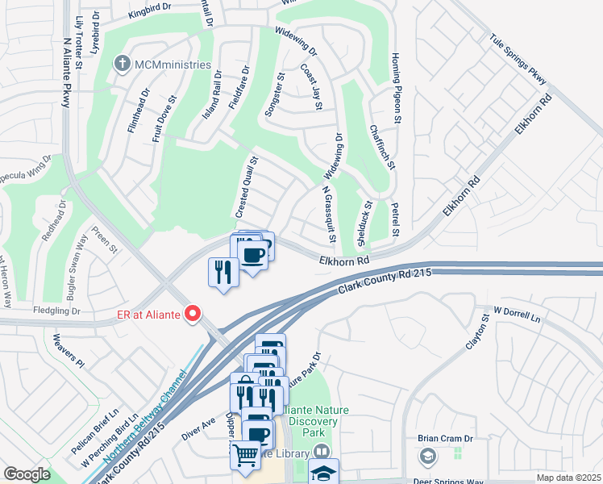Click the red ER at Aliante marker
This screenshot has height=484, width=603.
(193, 314)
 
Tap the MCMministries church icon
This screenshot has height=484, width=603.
(122, 65)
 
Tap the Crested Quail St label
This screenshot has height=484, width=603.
(246, 187)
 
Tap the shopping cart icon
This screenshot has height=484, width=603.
(245, 454)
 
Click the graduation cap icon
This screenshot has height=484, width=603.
(324, 473)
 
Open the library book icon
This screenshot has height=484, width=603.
(322, 453)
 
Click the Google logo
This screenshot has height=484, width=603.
(27, 474)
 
